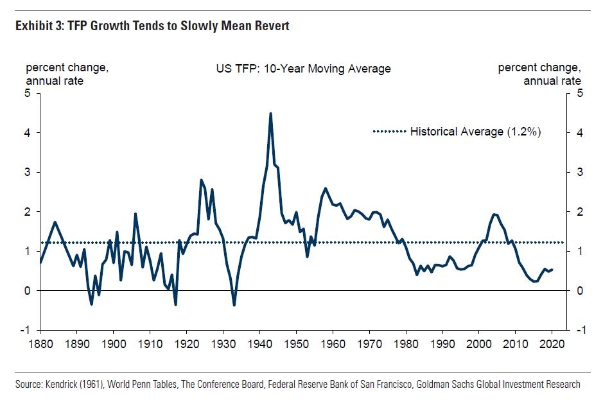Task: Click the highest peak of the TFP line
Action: point(270,114)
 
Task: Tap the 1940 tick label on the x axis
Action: point(259,343)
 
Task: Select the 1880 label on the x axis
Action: point(40,343)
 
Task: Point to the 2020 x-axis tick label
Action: point(552,343)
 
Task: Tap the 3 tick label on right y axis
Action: point(581,173)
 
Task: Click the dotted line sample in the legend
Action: point(389,132)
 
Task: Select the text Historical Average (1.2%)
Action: point(476,132)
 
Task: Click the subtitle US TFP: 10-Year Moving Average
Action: point(303,69)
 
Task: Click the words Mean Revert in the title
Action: point(260,26)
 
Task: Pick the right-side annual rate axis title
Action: point(552,81)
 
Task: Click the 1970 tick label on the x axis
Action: point(369,343)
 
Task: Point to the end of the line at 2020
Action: point(552,270)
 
